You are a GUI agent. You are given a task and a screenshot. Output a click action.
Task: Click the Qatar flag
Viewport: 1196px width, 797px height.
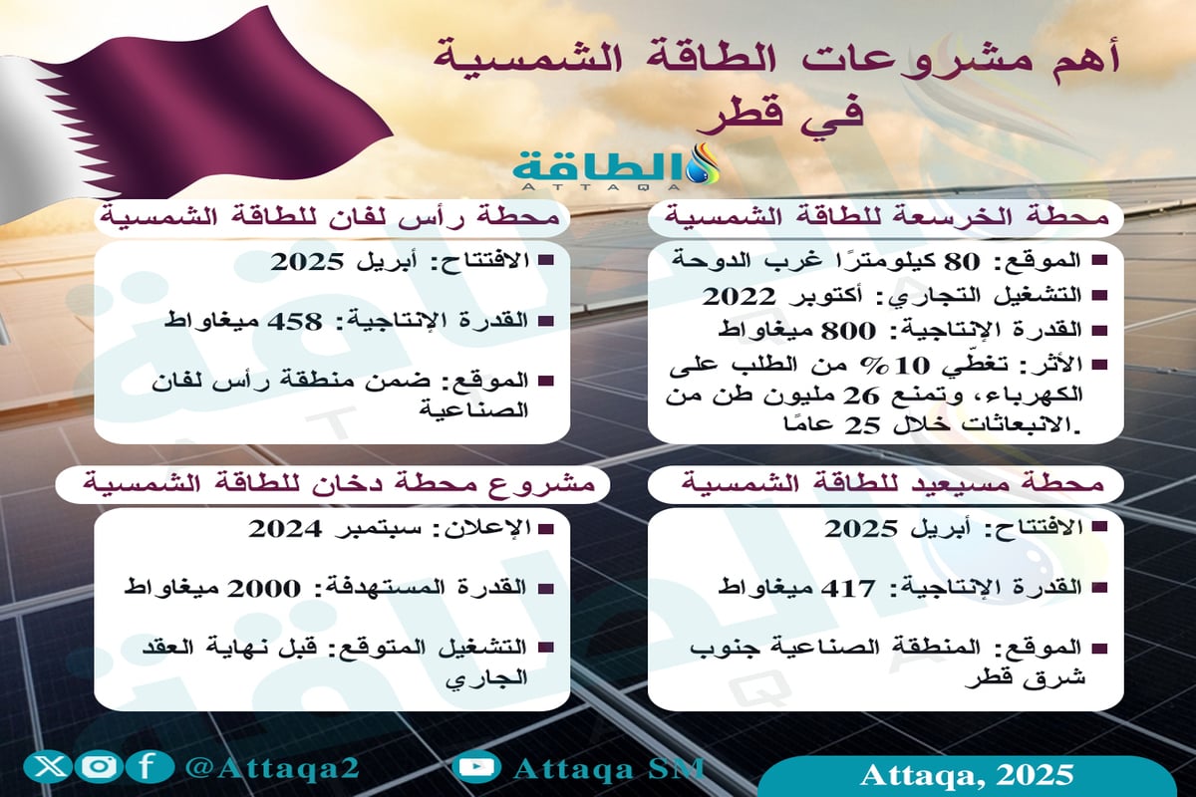[149, 110]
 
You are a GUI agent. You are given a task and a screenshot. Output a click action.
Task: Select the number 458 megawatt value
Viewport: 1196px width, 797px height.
[299, 322]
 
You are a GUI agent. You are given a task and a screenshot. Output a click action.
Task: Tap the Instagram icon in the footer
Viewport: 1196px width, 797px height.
[98, 767]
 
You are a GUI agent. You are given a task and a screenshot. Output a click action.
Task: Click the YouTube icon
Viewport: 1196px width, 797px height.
[475, 767]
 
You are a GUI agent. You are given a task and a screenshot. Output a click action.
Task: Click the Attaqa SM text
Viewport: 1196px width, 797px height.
[609, 768]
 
